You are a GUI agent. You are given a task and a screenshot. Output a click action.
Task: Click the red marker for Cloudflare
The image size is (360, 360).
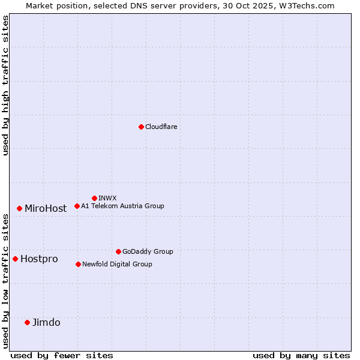141,127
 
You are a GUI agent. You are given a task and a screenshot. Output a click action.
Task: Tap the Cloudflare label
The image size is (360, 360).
161,127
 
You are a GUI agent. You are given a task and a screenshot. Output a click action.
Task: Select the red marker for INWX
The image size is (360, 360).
95,198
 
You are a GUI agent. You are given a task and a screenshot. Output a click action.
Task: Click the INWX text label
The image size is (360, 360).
108,198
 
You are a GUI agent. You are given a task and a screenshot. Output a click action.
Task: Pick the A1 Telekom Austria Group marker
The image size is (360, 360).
77,206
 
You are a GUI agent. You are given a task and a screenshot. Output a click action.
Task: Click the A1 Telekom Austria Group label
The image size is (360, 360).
122,206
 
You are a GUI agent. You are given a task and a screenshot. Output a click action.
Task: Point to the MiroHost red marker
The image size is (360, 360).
20,208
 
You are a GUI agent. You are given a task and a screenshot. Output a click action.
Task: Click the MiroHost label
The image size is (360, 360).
46,209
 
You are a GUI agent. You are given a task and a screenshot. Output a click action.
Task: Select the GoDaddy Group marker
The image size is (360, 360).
118,251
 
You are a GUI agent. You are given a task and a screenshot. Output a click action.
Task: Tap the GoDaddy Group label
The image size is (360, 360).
148,251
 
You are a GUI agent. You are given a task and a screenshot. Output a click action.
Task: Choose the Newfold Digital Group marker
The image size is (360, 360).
78,264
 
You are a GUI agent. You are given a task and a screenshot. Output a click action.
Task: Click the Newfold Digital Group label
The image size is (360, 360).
117,264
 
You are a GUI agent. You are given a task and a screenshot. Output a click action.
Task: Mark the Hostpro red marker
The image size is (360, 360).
16,259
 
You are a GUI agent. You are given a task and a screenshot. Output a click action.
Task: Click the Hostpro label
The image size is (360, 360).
39,259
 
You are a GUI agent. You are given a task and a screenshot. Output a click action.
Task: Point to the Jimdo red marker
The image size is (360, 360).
27,322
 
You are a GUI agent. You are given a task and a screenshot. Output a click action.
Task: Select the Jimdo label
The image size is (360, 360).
46,323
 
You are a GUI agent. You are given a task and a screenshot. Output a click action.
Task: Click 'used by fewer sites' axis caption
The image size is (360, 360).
62,355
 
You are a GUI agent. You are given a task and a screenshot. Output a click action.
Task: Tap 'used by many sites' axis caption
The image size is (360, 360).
301,355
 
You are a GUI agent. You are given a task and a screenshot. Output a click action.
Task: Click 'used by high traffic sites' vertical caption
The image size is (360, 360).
6,85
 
